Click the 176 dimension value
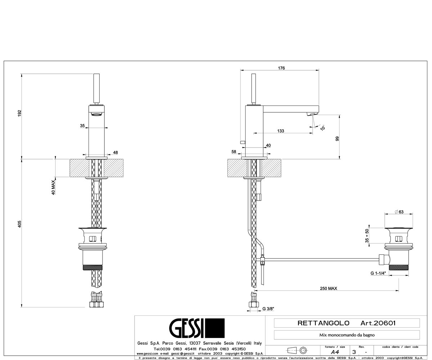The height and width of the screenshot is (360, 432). (x=281, y=68)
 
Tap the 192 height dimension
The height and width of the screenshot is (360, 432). (x=20, y=113)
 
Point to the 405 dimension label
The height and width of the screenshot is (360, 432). (x=20, y=224)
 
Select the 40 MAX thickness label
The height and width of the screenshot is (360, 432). (x=53, y=188)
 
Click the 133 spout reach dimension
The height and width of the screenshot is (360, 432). (x=280, y=131)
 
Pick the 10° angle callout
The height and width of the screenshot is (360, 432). (x=322, y=127)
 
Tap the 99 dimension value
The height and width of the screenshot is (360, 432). (x=337, y=139)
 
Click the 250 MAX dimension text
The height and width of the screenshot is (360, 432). (x=329, y=288)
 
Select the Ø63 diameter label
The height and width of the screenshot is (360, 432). (x=399, y=212)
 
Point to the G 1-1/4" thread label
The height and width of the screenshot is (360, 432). (x=378, y=273)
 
